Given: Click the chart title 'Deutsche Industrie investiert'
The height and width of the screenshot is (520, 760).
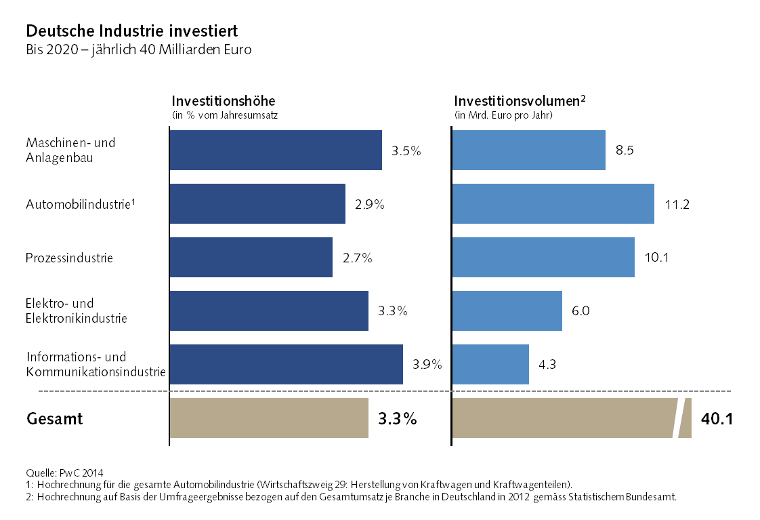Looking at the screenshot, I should pos(131,31).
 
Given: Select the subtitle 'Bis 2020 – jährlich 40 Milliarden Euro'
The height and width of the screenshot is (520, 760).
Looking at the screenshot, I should pos(138,50).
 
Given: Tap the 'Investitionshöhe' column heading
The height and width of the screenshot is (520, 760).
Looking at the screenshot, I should pos(224,100).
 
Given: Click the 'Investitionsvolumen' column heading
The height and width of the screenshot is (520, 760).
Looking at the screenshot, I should pos(516,100).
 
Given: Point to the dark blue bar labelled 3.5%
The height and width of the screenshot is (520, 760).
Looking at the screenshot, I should pos(275,150).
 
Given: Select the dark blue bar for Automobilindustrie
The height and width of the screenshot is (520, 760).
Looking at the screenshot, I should pos(257,204).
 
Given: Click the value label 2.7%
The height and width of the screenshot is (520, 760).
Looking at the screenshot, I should pos(358,258).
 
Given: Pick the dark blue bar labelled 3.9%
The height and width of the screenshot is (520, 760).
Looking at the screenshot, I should pos(286,365).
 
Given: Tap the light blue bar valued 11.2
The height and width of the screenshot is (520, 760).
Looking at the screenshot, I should pos(553,204).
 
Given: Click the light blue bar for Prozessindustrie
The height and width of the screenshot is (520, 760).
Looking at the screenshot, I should pos(543,258).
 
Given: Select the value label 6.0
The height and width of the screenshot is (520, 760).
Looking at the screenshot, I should pos(581,311).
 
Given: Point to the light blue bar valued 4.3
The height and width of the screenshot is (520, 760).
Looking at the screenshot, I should pos(490,365).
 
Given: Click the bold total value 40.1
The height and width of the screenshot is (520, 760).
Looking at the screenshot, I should pos(717,419).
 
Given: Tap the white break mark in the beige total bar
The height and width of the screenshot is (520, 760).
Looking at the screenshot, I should pos(680,418).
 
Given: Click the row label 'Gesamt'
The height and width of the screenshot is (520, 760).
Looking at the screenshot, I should pos(54,419).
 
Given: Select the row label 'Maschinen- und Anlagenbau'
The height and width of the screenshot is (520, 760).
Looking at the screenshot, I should pos(70,150).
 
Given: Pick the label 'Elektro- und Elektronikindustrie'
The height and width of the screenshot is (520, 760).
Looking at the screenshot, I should pos(76,311).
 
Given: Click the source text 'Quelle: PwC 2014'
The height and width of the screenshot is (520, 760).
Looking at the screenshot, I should pos(64,473).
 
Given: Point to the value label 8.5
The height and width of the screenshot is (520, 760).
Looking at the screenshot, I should pos(625,151).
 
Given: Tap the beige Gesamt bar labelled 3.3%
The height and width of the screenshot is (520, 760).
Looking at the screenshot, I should pos(268,418).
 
